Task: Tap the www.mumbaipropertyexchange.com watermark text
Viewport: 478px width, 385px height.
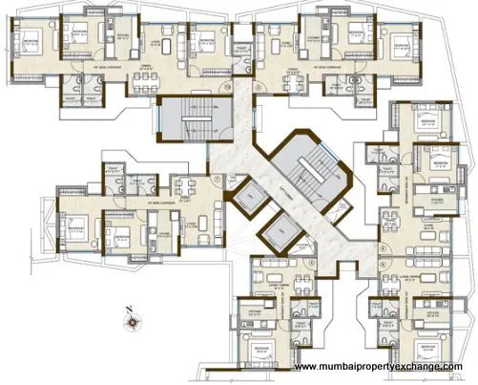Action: coord(378,367)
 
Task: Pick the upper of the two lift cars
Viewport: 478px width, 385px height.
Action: coord(247,199)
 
